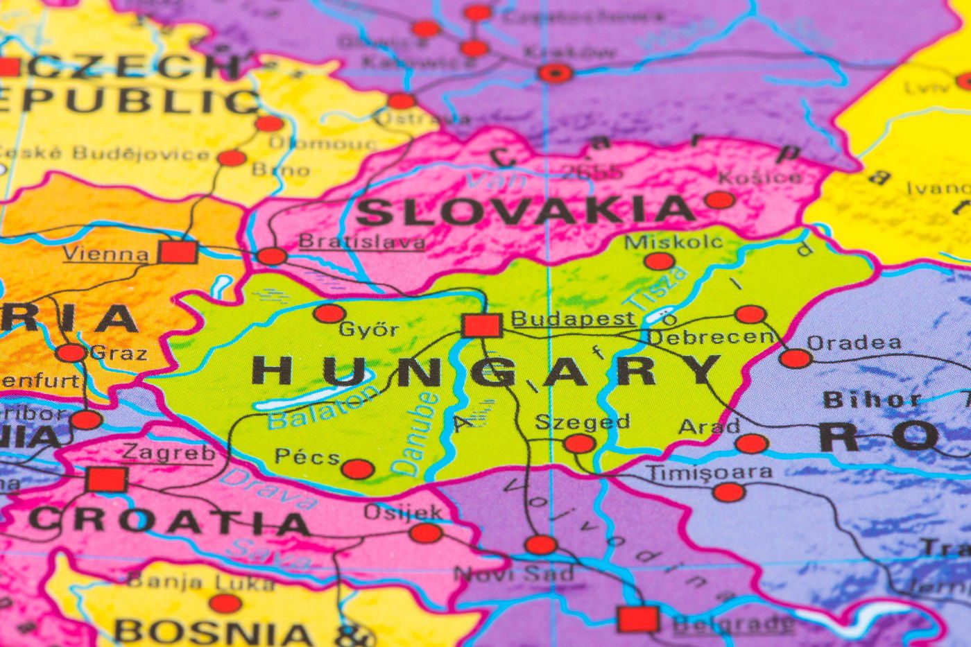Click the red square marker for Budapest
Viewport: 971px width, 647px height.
coord(481,325)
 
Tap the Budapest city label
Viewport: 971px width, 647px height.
coord(572,318)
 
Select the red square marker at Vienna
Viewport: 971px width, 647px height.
coord(178,252)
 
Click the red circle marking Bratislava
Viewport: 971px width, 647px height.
coord(272,256)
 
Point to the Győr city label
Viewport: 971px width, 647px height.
coord(368,329)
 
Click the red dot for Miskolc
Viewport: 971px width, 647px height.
coord(659,261)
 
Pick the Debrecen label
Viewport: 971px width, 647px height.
coord(710,337)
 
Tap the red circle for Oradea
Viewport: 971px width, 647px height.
coord(795,359)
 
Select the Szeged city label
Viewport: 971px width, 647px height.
coord(583,422)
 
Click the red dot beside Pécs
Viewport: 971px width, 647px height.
coord(358,469)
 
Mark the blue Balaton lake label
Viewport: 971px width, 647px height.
coord(323,408)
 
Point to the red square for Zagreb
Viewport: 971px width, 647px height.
coord(107,479)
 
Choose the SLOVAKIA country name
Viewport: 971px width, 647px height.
coord(526,211)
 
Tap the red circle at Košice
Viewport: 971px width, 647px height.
coord(720,200)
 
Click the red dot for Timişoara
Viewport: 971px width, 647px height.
coord(728,492)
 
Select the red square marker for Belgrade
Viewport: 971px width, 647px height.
coord(638,619)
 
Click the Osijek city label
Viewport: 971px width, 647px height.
coord(403,512)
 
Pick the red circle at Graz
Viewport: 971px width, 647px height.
coord(71,353)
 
